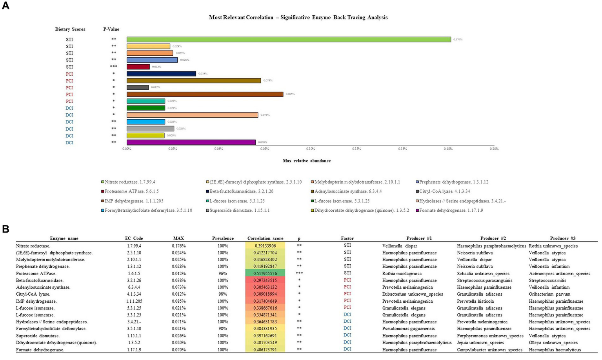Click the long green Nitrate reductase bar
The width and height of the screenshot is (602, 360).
point(289,40)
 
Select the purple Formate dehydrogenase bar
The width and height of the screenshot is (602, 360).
point(191,142)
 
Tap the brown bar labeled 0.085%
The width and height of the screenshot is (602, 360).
point(205,94)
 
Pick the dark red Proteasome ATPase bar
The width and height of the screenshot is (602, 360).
point(138,67)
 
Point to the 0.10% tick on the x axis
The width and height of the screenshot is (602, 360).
point(311,149)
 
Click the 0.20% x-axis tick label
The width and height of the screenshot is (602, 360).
point(494,149)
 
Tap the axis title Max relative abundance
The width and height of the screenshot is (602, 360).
point(307,161)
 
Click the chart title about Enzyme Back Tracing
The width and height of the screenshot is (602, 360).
point(298,17)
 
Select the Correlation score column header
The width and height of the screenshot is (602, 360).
point(265,238)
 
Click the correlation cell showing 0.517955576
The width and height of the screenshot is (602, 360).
point(265,273)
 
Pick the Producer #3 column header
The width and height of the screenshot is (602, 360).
point(559,238)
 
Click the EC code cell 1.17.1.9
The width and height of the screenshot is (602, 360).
point(134,349)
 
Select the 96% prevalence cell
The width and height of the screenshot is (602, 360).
point(223,273)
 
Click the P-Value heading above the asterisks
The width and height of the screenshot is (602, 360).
point(111,29)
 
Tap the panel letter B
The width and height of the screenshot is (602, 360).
point(6,229)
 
